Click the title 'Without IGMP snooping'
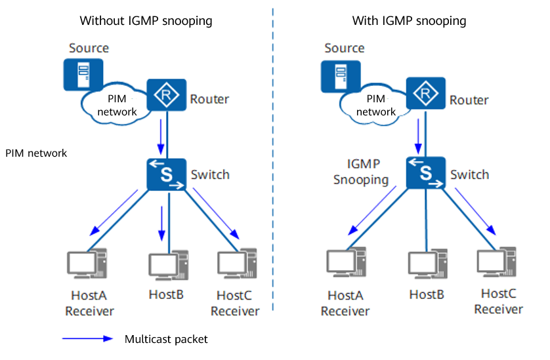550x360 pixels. pos(146,21)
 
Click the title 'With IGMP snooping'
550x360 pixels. pos(409,21)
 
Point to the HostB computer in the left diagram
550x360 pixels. pos(167,266)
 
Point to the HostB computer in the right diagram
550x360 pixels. pos(427,266)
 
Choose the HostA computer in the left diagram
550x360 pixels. pos(87,266)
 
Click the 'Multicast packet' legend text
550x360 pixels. pos(165,339)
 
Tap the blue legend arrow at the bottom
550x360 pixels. pos(88,339)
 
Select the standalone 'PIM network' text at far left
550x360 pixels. pos(36,153)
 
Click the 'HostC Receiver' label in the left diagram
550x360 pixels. pos(235,304)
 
